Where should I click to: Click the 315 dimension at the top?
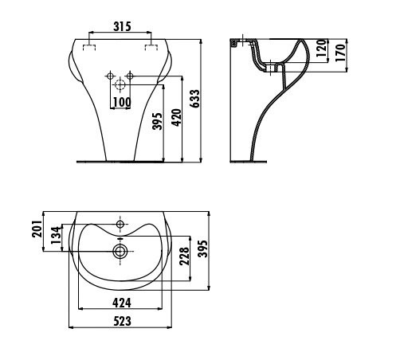coord(120,26)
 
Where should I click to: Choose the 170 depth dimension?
coord(340,54)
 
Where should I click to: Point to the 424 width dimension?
coord(121,303)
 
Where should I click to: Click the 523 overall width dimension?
coord(121,321)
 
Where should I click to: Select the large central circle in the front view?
coord(120,84)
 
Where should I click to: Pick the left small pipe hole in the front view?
coord(108,76)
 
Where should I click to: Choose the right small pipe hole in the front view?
coord(133,76)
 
